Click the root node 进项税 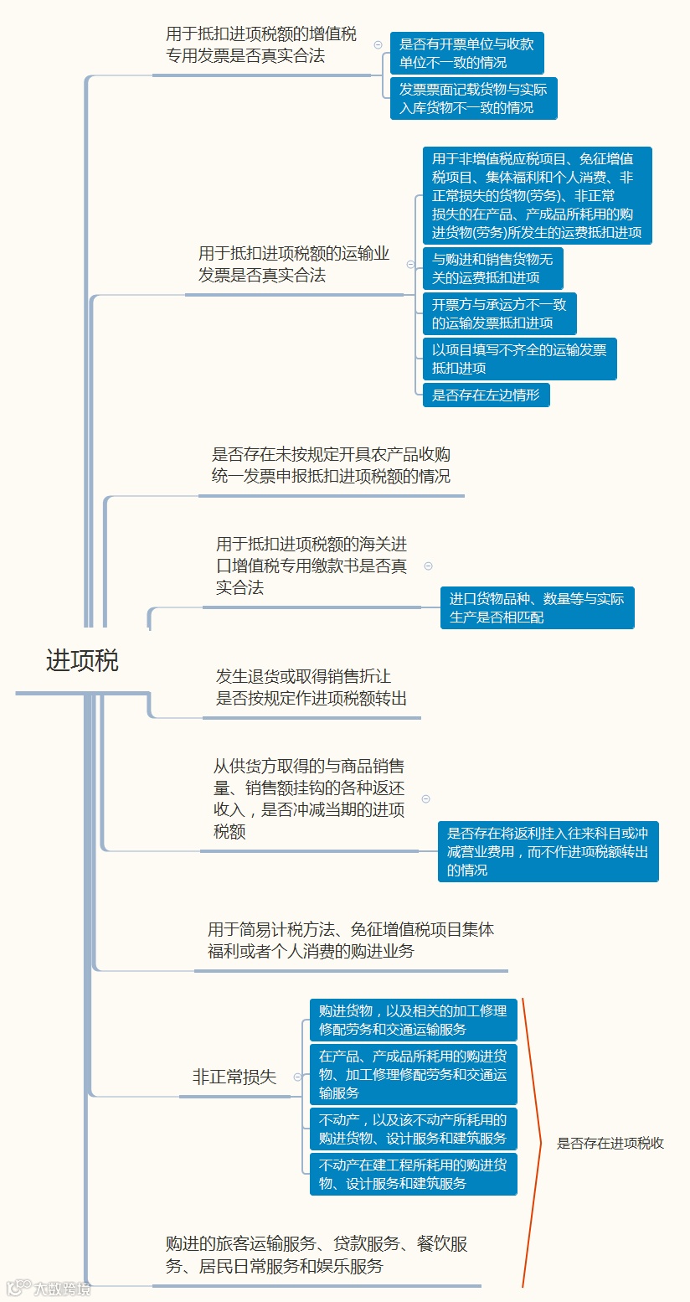click(x=82, y=661)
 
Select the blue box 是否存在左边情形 click(x=486, y=395)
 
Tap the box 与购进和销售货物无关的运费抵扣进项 click(x=492, y=268)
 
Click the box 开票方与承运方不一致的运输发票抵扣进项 click(x=499, y=313)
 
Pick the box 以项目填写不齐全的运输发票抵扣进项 click(x=519, y=359)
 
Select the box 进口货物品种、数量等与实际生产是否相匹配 click(x=537, y=607)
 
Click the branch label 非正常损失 click(x=234, y=1077)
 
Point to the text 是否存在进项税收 click(x=610, y=1143)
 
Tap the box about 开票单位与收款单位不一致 click(x=466, y=53)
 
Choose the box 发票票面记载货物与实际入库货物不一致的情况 click(x=473, y=98)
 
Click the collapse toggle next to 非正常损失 click(x=296, y=1077)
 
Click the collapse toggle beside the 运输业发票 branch click(x=410, y=264)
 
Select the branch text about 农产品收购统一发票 click(x=331, y=465)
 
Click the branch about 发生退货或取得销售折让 click(x=312, y=687)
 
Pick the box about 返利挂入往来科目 click(x=548, y=851)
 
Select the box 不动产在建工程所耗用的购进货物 click(x=413, y=1174)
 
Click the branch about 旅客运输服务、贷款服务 click(x=317, y=1254)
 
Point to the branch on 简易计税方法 click(x=351, y=940)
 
